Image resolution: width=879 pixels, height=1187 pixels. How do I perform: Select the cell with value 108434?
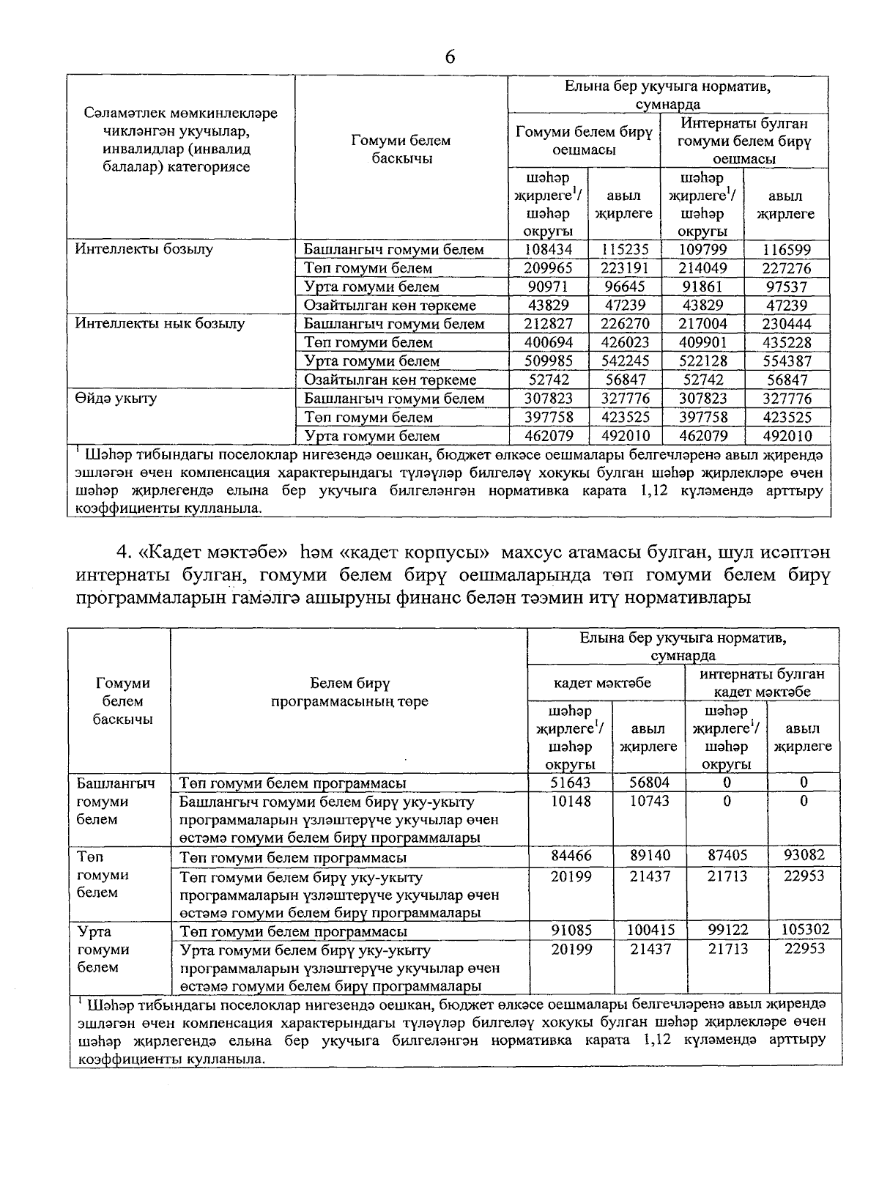548,250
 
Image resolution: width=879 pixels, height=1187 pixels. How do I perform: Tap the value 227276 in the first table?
785,268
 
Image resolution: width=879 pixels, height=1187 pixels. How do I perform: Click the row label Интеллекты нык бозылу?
160,324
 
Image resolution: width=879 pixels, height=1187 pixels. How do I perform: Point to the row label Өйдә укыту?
116,399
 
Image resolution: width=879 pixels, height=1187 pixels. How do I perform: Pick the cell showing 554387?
785,361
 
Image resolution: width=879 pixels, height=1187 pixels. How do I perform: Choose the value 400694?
548,343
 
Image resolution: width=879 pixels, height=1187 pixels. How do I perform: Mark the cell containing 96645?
623,287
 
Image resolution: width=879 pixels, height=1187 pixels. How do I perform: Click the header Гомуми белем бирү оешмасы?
584,141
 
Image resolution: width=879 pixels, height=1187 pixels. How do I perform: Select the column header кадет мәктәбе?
602,684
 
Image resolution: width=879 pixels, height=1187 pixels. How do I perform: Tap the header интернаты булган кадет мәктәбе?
762,683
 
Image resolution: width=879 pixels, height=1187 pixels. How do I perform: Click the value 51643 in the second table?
571,783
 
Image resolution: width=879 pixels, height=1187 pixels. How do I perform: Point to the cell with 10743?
649,802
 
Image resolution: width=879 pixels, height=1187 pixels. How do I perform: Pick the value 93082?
804,855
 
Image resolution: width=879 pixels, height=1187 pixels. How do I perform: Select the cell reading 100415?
649,930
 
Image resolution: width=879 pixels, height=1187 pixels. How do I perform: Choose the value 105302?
804,930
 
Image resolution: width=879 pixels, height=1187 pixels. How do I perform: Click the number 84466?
571,855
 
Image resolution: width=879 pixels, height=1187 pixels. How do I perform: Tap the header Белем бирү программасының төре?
349,692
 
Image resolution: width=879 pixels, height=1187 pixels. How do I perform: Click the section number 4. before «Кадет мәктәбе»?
123,551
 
